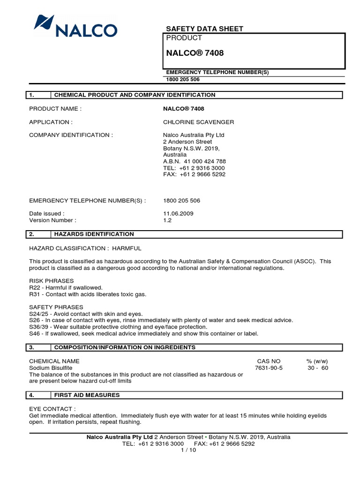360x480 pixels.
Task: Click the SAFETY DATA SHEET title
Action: (205, 29)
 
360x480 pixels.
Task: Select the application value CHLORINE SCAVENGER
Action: (198, 122)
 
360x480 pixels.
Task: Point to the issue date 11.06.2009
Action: (178, 213)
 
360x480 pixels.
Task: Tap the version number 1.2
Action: (167, 220)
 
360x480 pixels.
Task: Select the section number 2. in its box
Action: (32, 234)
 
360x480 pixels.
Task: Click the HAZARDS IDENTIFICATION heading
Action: (94, 234)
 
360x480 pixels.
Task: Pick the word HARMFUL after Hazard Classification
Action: (127, 248)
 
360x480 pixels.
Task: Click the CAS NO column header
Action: (269, 361)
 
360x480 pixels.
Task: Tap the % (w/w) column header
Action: (317, 361)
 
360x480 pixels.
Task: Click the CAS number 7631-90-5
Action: (269, 368)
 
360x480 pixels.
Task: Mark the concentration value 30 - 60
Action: (317, 368)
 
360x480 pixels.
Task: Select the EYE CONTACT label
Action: (52, 409)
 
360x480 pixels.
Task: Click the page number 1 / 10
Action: (188, 450)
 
